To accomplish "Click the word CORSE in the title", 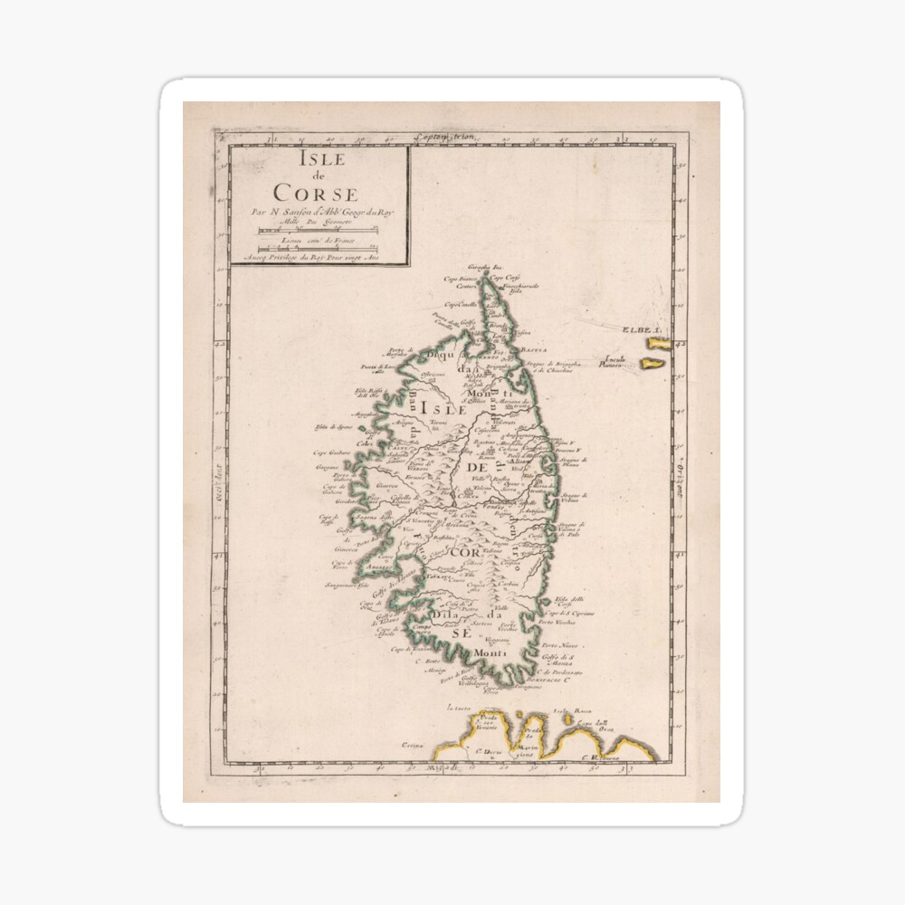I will tap(317, 193).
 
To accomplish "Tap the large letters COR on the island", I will tap(468, 551).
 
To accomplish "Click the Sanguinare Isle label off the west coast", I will tap(349, 586).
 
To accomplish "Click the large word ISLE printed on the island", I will tap(442, 409).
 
